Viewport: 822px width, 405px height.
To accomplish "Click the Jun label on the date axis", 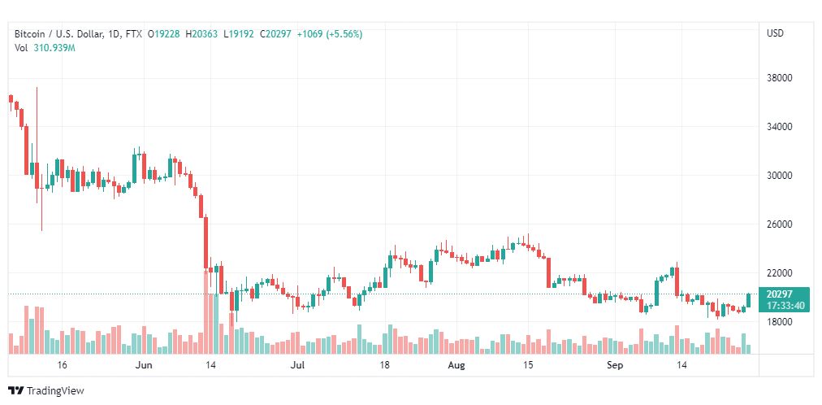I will click(145, 366).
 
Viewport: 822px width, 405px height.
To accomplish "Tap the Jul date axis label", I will click(298, 366).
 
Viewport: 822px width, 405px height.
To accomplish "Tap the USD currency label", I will click(775, 33).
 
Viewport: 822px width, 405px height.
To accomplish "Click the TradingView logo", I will click(46, 390).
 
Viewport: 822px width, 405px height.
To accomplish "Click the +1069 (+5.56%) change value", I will click(330, 34).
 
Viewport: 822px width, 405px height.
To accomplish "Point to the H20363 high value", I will click(204, 34).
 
